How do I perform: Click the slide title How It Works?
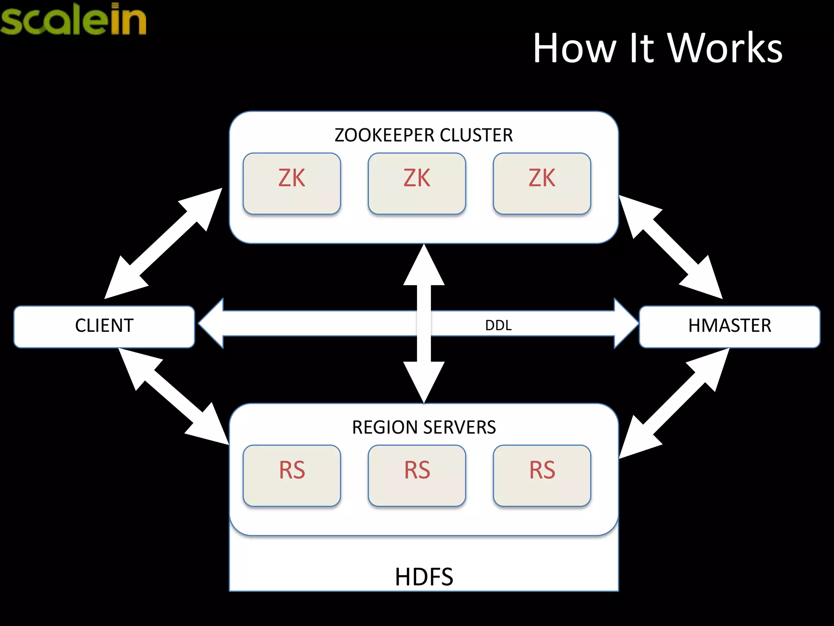tap(657, 48)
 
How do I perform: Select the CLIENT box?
tap(104, 326)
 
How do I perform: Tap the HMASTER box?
tap(729, 326)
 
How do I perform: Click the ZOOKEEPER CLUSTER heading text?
tap(424, 135)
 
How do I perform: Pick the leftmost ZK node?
tap(292, 183)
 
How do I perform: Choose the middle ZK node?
tap(417, 183)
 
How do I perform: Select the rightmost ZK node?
tap(542, 183)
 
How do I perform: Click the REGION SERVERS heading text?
tap(424, 428)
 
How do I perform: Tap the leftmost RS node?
tap(292, 475)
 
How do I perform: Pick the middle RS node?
tap(417, 475)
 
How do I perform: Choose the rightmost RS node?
tap(542, 475)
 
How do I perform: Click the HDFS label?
tap(424, 576)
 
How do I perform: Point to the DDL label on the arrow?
tap(498, 325)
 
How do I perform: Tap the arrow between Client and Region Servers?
tap(173, 396)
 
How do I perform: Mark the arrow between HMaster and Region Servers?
tap(674, 403)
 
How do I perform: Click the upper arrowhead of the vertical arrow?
tap(424, 267)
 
